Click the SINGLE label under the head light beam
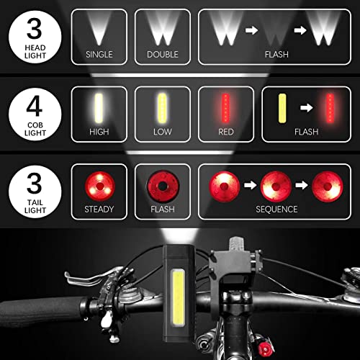(x=99, y=53)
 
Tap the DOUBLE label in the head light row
(x=162, y=53)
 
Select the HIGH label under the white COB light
(x=99, y=132)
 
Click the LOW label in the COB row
(x=162, y=132)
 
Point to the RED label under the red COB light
(x=225, y=132)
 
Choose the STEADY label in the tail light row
(x=99, y=210)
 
